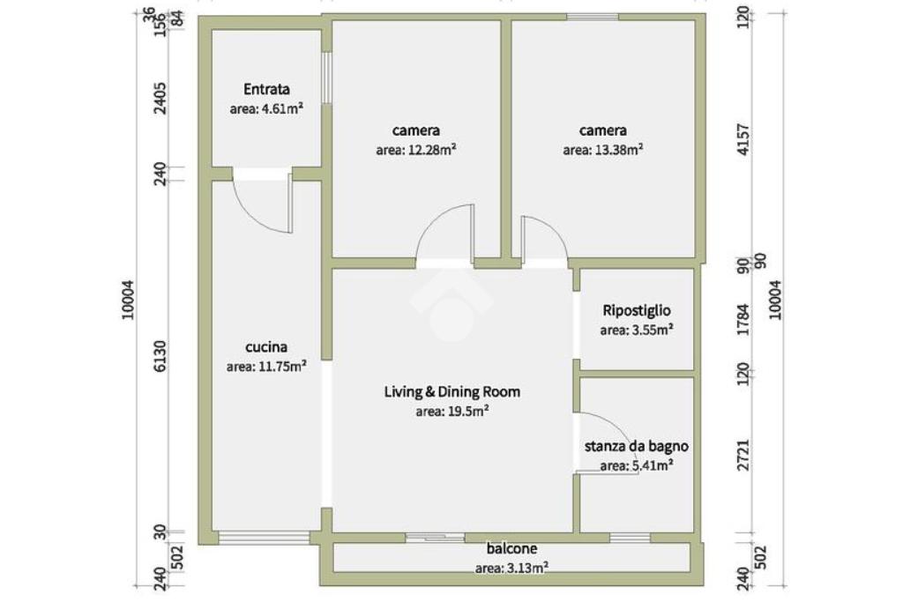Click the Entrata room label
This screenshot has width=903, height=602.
[x=266, y=89]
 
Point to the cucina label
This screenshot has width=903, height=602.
[x=266, y=347]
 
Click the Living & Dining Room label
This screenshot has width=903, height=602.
[x=452, y=392]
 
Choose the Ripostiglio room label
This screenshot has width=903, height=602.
[x=637, y=311]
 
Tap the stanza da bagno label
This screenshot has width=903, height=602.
[x=637, y=446]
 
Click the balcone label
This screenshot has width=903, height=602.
[x=512, y=548]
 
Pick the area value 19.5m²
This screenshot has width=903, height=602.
[x=452, y=412]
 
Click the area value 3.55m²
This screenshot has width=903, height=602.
[x=637, y=331]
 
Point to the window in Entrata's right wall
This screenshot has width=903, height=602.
[x=326, y=78]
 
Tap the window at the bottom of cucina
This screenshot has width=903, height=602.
[x=264, y=539]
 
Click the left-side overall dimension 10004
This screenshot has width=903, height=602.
[x=128, y=300]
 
